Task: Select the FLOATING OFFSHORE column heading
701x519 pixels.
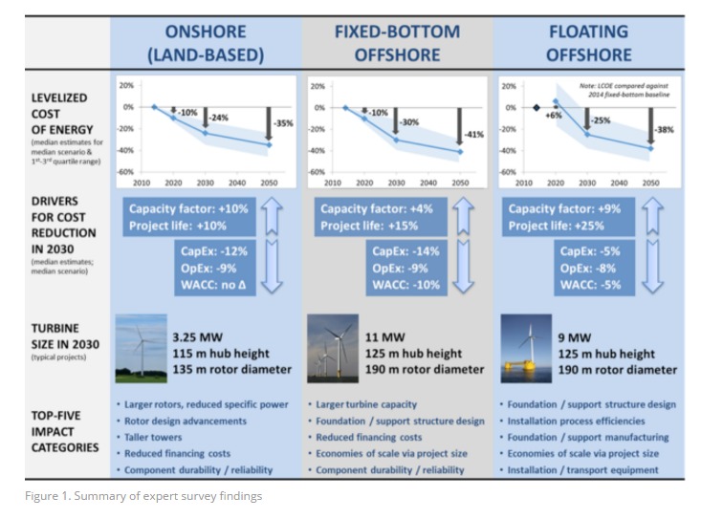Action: (588, 43)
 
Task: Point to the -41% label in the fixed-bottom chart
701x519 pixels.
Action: (473, 134)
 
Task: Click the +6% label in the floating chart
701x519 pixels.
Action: (552, 115)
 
